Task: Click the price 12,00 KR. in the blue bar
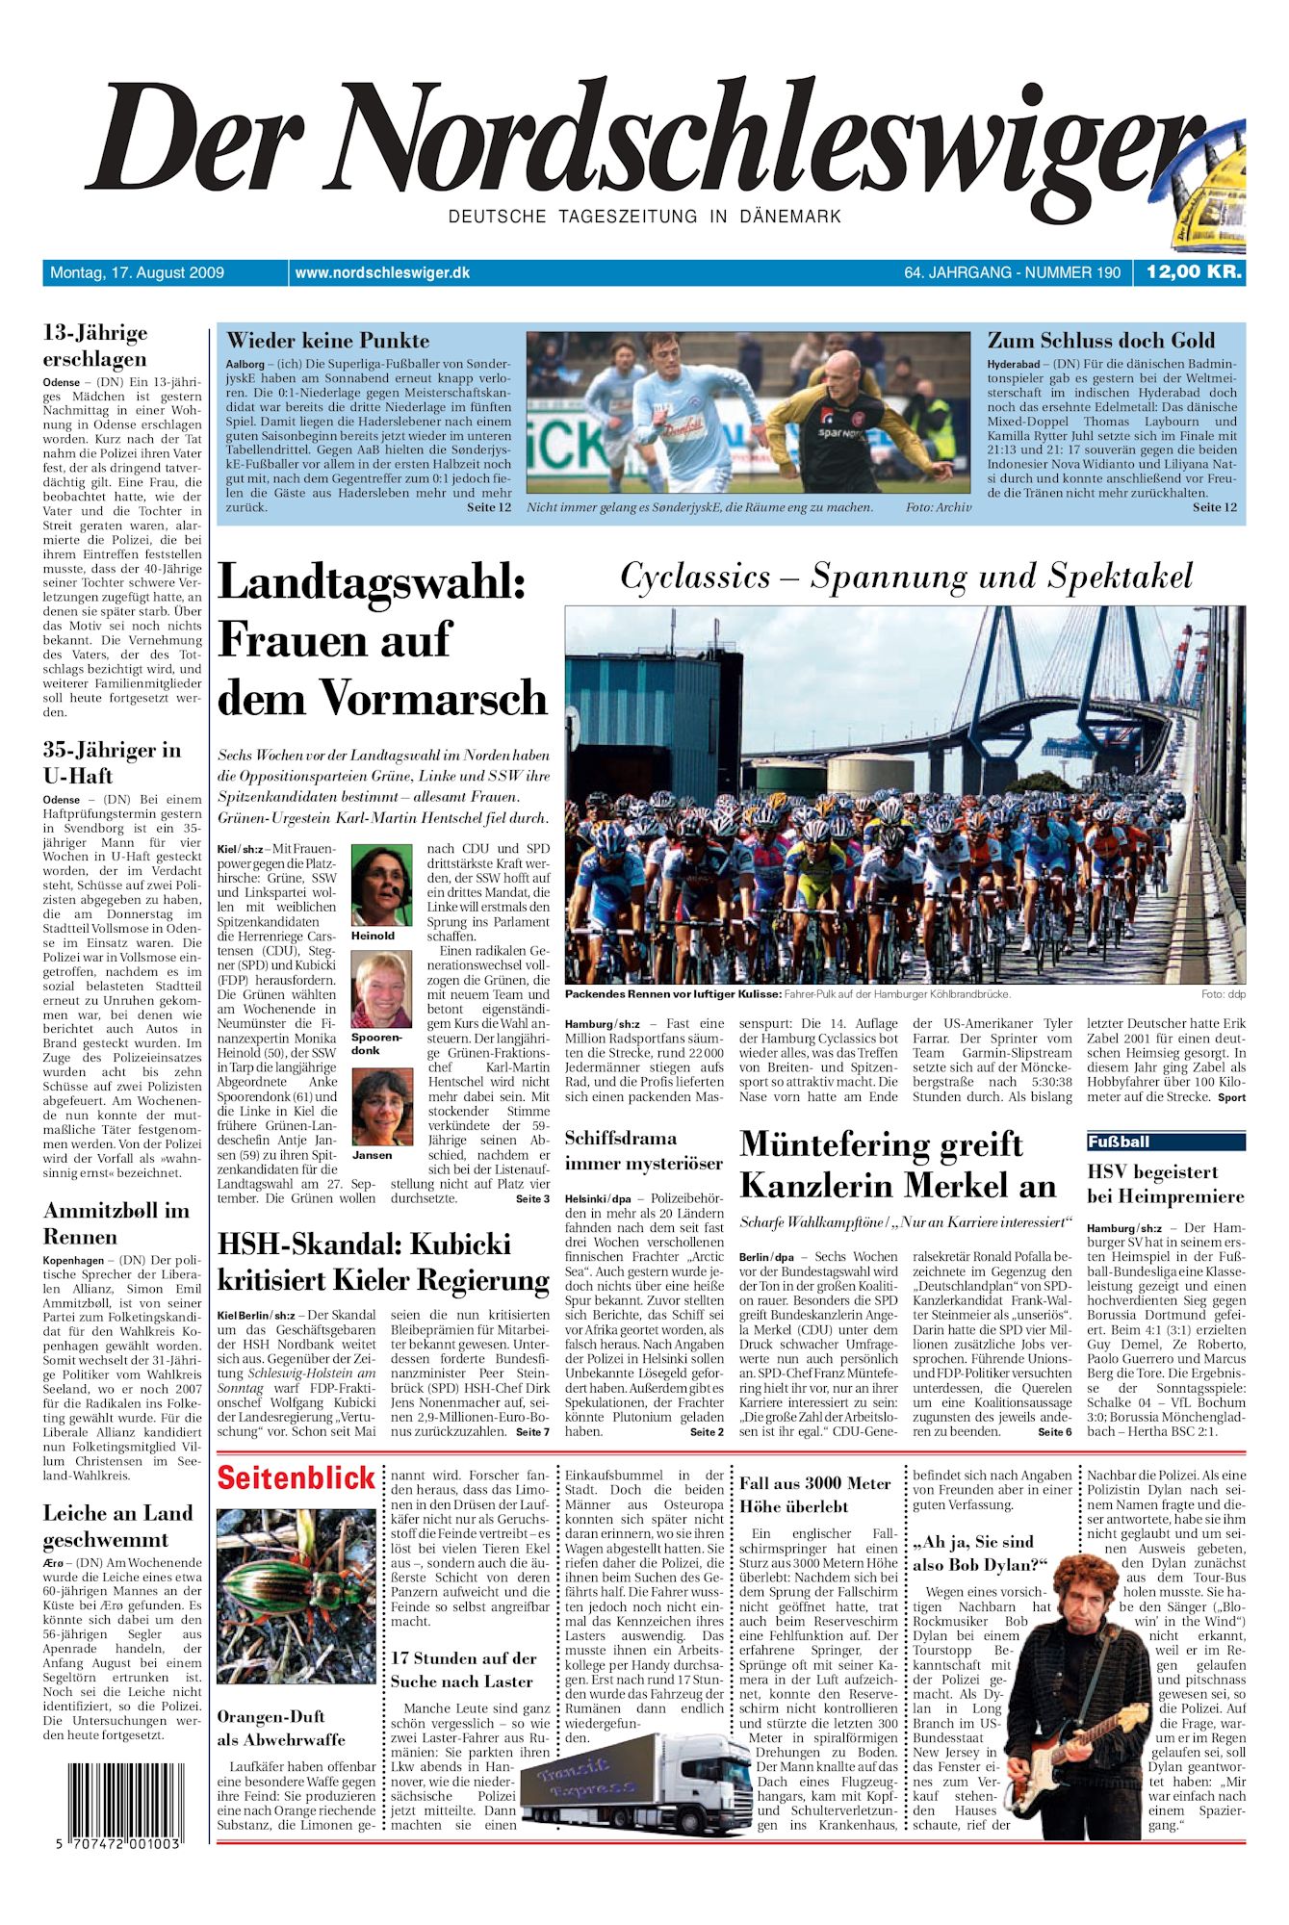1193,272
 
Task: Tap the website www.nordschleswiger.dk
382,273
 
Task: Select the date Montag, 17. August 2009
137,273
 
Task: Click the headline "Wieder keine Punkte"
327,341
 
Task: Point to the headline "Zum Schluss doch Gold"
1100,341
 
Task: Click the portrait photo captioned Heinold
381,885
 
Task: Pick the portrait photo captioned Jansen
381,1107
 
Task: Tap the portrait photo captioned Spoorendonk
381,990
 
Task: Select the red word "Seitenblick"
296,1478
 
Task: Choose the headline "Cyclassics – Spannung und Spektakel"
905,577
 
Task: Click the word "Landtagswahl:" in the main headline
372,583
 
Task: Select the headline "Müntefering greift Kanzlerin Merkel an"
897,1165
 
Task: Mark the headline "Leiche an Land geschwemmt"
118,1527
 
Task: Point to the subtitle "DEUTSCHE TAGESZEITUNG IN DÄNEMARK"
644,218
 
